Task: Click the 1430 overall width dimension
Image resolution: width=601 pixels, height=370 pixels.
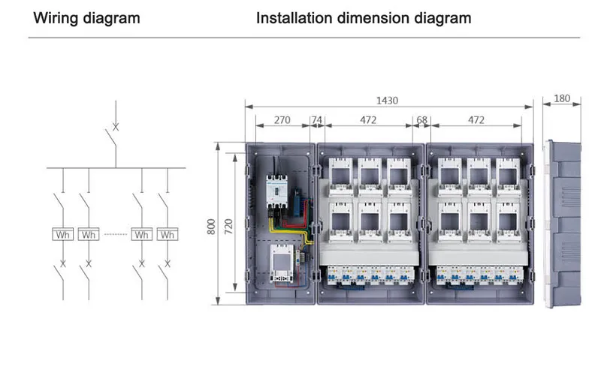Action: (387, 101)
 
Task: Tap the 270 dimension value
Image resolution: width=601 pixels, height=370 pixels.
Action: (282, 120)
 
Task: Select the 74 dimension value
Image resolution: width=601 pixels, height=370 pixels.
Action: (316, 120)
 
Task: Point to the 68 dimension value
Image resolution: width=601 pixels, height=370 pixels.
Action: (421, 120)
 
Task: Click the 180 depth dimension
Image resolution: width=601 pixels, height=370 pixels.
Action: (562, 99)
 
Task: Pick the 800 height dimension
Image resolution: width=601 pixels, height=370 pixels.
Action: (211, 227)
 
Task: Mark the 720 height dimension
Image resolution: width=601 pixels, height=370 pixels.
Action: (228, 227)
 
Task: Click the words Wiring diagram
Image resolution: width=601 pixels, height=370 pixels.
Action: (86, 18)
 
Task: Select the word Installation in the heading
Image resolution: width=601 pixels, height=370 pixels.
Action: (294, 18)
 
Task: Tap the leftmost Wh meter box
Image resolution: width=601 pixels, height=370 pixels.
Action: (63, 234)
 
